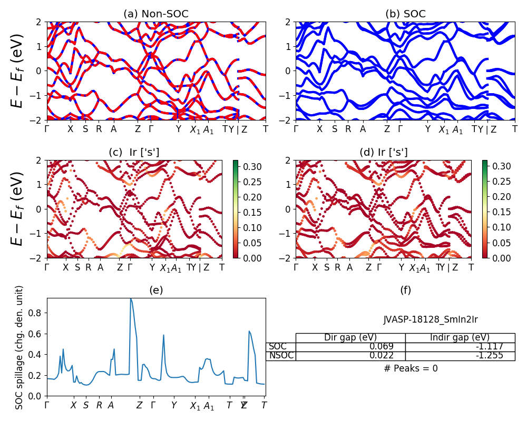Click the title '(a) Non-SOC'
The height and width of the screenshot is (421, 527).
click(x=156, y=14)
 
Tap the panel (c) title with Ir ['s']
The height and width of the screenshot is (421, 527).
click(x=134, y=153)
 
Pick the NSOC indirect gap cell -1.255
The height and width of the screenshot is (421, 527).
click(x=487, y=356)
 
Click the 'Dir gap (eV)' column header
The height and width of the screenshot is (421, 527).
click(x=350, y=338)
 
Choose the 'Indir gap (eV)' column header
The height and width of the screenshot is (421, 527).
click(x=460, y=338)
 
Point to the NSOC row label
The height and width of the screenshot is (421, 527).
click(x=281, y=356)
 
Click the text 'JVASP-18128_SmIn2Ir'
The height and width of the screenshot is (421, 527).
click(x=431, y=319)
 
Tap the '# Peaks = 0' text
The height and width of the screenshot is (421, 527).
click(x=411, y=368)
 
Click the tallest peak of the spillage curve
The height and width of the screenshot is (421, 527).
click(x=131, y=299)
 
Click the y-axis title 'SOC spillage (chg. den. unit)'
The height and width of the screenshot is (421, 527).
click(x=19, y=347)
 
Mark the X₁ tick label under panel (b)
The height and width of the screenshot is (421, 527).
click(x=444, y=130)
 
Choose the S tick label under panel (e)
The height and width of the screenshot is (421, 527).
click(x=86, y=405)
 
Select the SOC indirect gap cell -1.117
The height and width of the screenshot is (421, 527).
click(x=487, y=347)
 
